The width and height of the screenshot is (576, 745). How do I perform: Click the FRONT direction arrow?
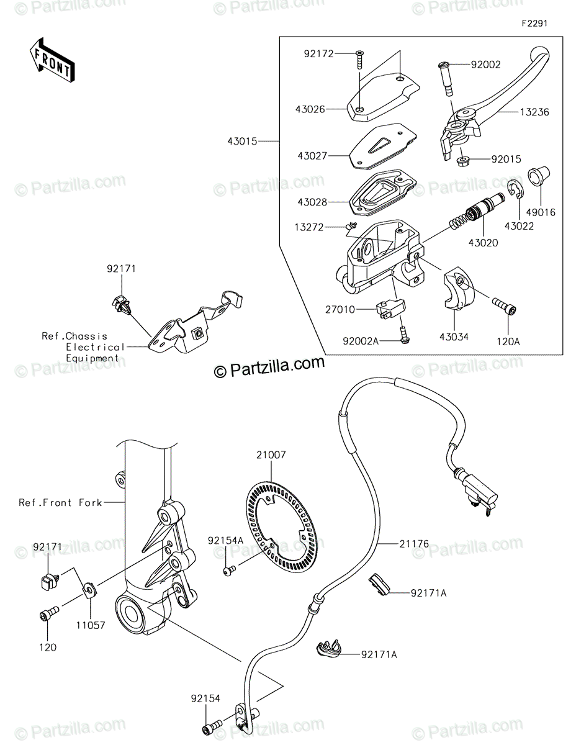(52, 60)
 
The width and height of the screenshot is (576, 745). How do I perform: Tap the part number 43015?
(243, 142)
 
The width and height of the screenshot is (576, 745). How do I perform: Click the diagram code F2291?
(534, 24)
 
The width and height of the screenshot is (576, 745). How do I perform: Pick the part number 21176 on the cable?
(414, 544)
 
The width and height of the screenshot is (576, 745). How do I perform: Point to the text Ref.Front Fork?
(60, 502)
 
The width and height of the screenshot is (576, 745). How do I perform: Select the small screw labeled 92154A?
(228, 567)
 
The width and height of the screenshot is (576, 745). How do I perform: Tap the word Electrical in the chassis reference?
(95, 347)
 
